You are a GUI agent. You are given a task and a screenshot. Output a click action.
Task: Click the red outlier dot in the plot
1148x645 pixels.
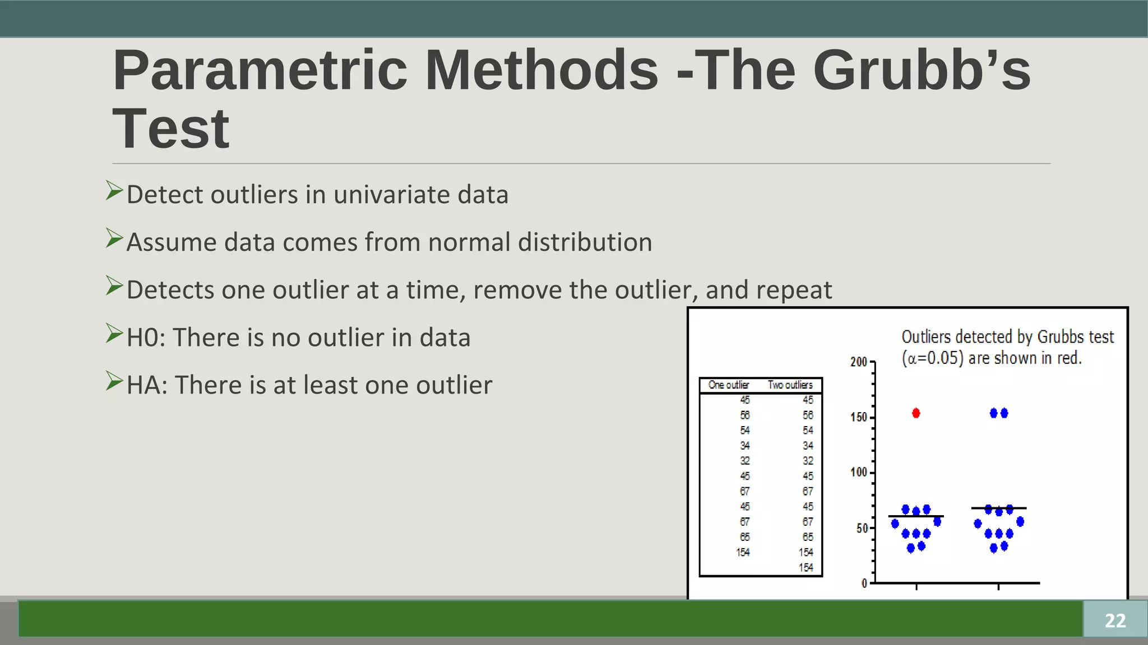916,413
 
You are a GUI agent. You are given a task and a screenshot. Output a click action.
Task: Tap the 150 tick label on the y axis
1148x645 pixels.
858,417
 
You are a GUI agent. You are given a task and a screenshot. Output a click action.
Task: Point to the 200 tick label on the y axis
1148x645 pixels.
858,362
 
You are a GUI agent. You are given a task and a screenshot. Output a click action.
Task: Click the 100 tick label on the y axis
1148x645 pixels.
858,472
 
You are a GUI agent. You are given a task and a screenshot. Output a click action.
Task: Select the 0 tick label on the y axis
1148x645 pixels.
864,583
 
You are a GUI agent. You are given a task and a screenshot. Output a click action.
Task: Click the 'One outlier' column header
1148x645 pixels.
728,385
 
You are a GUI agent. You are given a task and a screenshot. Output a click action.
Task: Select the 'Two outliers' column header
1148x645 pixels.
790,385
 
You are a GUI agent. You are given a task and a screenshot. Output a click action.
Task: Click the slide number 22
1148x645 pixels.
1115,620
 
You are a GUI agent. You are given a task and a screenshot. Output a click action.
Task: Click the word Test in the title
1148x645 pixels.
171,129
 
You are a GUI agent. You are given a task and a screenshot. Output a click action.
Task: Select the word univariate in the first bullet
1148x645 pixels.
392,195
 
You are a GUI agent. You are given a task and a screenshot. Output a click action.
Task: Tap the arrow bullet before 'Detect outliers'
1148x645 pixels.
114,191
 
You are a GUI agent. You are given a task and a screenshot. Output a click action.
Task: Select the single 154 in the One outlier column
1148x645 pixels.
743,553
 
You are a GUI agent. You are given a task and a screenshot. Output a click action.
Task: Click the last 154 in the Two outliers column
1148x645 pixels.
806,568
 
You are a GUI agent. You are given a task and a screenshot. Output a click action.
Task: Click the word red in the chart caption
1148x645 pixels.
1067,358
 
